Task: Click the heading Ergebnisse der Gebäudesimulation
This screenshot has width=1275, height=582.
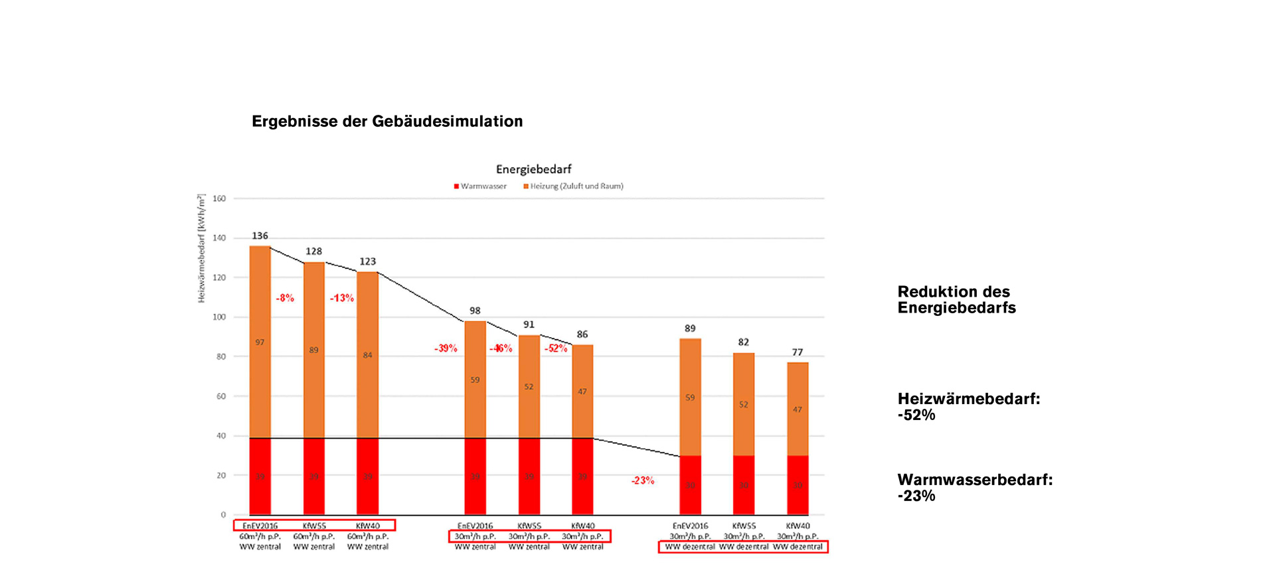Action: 387,121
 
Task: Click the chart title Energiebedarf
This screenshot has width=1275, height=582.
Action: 533,169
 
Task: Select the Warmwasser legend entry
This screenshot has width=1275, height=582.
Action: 480,186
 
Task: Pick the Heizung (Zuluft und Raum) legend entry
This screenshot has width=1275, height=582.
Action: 574,186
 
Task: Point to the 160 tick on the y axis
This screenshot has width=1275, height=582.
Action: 219,198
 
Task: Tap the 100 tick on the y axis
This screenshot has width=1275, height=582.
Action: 219,317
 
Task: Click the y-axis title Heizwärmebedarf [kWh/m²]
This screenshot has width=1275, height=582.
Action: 201,249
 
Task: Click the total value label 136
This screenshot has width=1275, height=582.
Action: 260,236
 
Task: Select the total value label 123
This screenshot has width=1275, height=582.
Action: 367,261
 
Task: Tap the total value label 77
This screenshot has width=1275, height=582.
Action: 798,352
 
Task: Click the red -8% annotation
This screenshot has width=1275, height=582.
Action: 285,298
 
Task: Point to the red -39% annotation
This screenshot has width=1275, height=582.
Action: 446,348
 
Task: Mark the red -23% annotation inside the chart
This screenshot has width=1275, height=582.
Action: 642,480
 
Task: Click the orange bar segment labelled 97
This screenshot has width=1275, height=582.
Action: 260,342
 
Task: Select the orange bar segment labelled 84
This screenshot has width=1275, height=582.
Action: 367,355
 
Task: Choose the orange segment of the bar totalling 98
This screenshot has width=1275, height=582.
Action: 475,380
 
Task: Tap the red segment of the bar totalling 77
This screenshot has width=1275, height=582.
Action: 798,484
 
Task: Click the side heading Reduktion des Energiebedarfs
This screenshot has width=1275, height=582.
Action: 956,300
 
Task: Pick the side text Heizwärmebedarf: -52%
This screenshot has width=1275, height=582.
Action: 968,407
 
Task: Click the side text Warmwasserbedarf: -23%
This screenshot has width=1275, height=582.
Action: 974,488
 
